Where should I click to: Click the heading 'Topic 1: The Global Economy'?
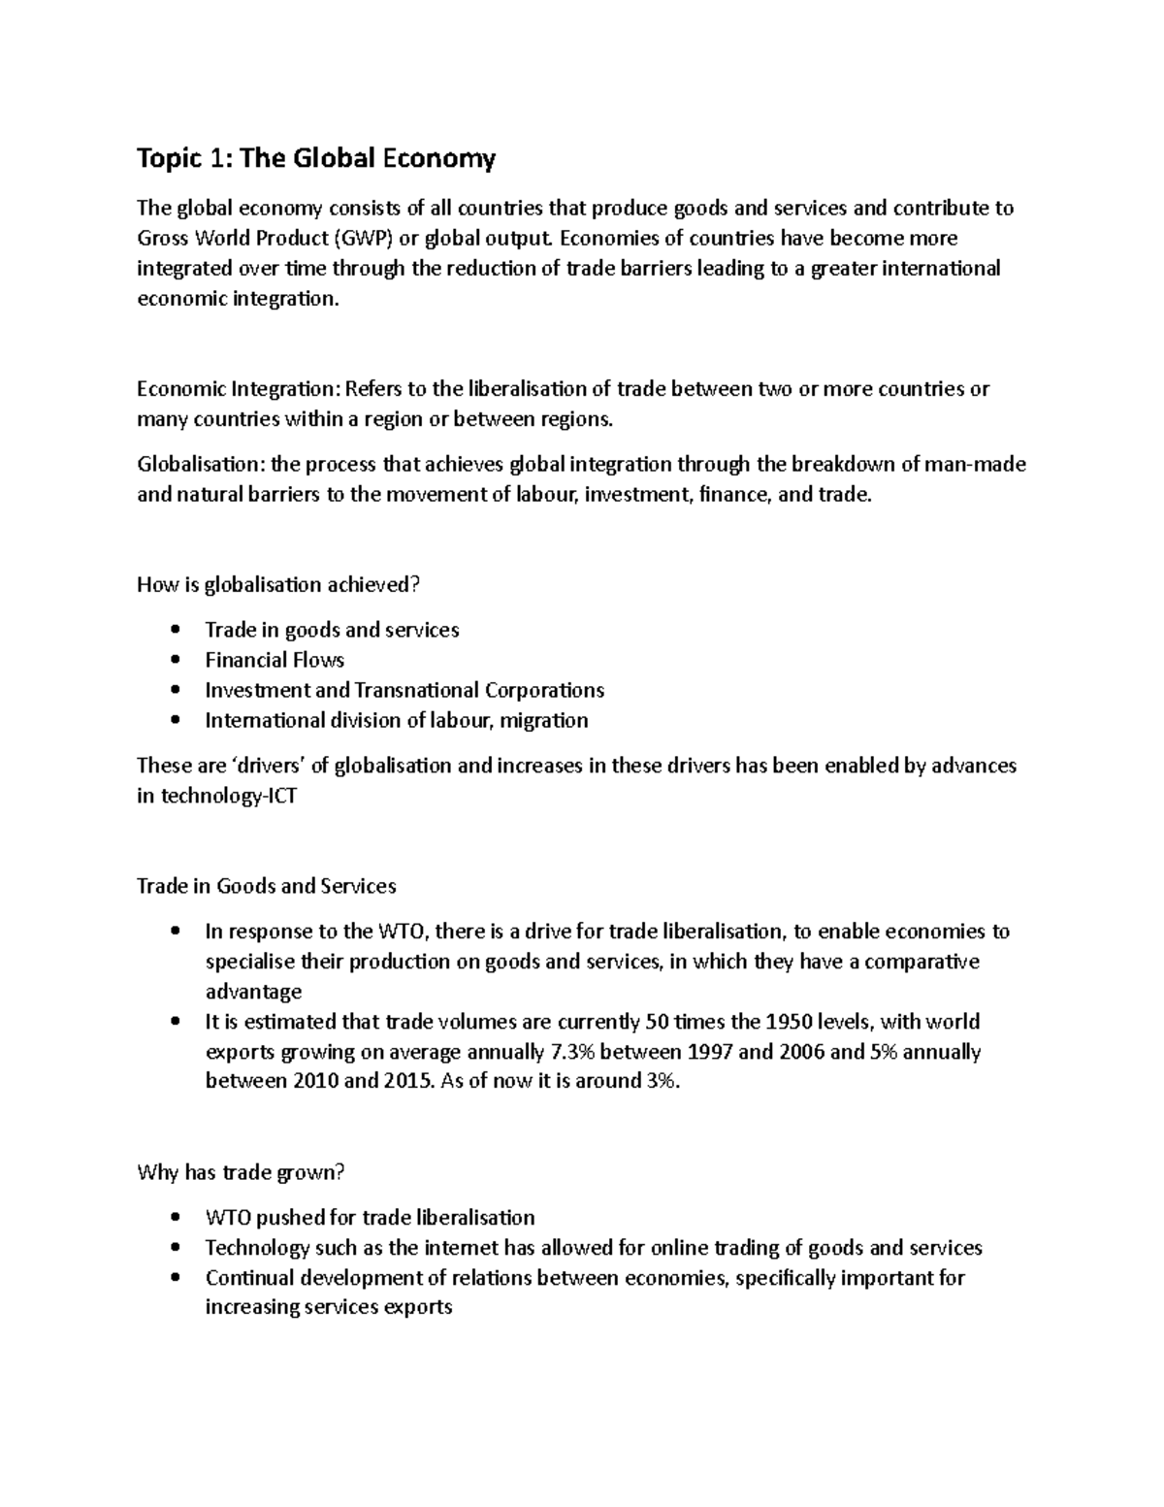pos(316,158)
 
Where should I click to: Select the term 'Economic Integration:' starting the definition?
pos(239,389)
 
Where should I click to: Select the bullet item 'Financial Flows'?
pos(275,660)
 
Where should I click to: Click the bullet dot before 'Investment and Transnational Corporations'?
pos(175,690)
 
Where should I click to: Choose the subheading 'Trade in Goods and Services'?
pos(267,886)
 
